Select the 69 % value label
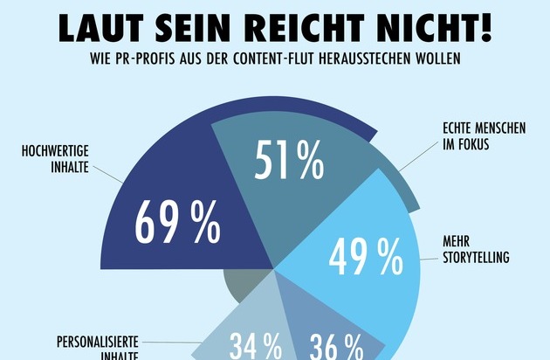click(177, 224)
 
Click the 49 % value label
click(365, 257)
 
